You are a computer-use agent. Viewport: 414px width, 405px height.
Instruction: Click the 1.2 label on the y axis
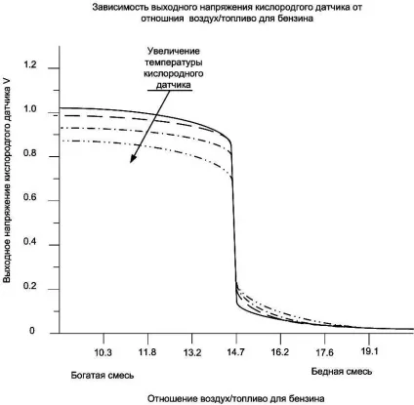pyautogui.click(x=30, y=65)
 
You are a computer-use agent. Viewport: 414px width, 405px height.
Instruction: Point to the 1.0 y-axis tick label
pyautogui.click(x=30, y=109)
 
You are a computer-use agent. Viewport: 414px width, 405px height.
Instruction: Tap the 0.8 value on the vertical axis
pyautogui.click(x=30, y=153)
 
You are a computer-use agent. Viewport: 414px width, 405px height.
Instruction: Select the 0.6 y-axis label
pyautogui.click(x=30, y=198)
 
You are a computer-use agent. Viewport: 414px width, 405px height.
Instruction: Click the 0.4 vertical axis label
pyautogui.click(x=30, y=242)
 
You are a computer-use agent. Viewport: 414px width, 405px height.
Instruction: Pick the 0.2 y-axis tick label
pyautogui.click(x=30, y=287)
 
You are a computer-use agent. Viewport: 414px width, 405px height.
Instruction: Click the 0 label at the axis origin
pyautogui.click(x=32, y=331)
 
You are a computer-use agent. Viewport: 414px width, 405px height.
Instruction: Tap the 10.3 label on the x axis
pyautogui.click(x=103, y=352)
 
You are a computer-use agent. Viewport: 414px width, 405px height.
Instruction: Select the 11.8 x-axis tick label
pyautogui.click(x=147, y=352)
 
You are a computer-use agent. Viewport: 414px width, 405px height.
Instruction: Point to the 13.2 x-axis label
pyautogui.click(x=192, y=352)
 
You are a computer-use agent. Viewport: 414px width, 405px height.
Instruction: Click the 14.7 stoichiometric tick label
pyautogui.click(x=235, y=352)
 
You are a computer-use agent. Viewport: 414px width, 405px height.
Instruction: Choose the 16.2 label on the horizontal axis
pyautogui.click(x=280, y=352)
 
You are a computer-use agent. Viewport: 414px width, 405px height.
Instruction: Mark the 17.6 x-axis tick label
pyautogui.click(x=324, y=352)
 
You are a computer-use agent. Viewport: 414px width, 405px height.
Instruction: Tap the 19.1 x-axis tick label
pyautogui.click(x=369, y=351)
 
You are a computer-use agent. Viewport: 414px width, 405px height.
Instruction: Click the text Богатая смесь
pyautogui.click(x=103, y=375)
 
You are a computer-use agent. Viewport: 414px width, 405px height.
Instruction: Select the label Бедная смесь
pyautogui.click(x=342, y=372)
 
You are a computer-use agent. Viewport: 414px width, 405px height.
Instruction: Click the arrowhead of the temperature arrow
pyautogui.click(x=133, y=159)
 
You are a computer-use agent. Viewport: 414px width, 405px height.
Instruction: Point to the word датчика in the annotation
pyautogui.click(x=174, y=85)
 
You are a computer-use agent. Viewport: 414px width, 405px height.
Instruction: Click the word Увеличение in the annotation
pyautogui.click(x=174, y=51)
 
